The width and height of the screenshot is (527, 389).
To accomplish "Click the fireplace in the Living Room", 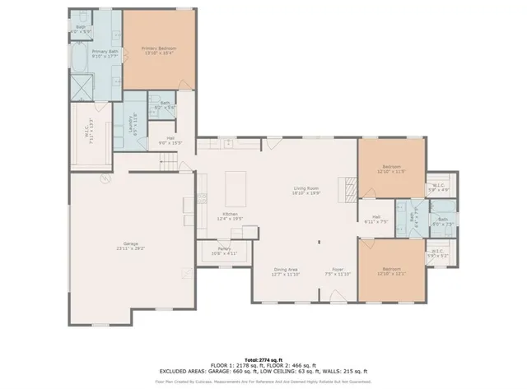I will (x=350, y=192).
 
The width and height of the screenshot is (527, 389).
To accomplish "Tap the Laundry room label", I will (x=132, y=123).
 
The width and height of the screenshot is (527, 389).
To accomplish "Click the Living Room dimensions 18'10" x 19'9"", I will (x=307, y=193).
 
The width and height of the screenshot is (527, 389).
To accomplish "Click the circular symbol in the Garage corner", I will (x=105, y=176).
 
